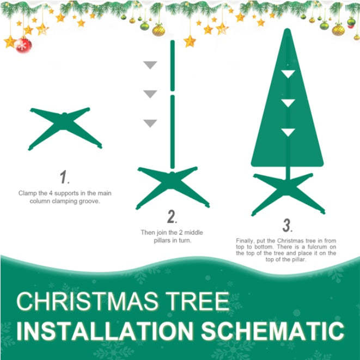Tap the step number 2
click(173, 218)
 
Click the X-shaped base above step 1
click(65, 128)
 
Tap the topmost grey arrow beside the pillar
click(150, 65)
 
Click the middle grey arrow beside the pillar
click(150, 94)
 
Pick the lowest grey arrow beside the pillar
click(150, 124)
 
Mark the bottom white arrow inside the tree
click(288, 132)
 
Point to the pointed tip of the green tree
click(287, 32)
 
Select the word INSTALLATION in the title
click(101, 331)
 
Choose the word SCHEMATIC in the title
click(267, 331)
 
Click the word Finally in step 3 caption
click(245, 240)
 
